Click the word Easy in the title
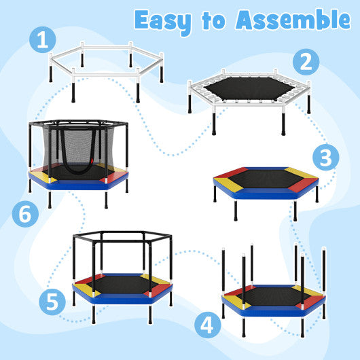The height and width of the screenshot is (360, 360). pyautogui.click(x=166, y=20)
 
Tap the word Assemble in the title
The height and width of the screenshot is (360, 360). pyautogui.click(x=293, y=20)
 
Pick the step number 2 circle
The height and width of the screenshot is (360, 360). pyautogui.click(x=306, y=62)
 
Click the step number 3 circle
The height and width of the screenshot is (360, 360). pyautogui.click(x=326, y=158)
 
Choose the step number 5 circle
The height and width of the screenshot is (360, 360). pyautogui.click(x=53, y=301)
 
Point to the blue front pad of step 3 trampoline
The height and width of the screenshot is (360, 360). pyautogui.click(x=266, y=194)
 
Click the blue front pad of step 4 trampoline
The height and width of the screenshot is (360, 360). pyautogui.click(x=272, y=311)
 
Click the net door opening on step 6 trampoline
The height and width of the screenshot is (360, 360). pyautogui.click(x=76, y=156)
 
